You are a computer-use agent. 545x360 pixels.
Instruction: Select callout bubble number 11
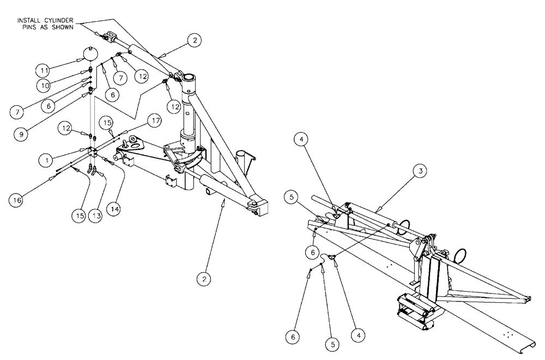coord(45,70)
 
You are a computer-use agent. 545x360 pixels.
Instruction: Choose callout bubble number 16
coord(17,200)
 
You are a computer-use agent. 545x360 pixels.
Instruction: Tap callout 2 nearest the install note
coord(193,40)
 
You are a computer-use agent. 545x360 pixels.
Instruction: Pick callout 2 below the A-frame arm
coord(204,278)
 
